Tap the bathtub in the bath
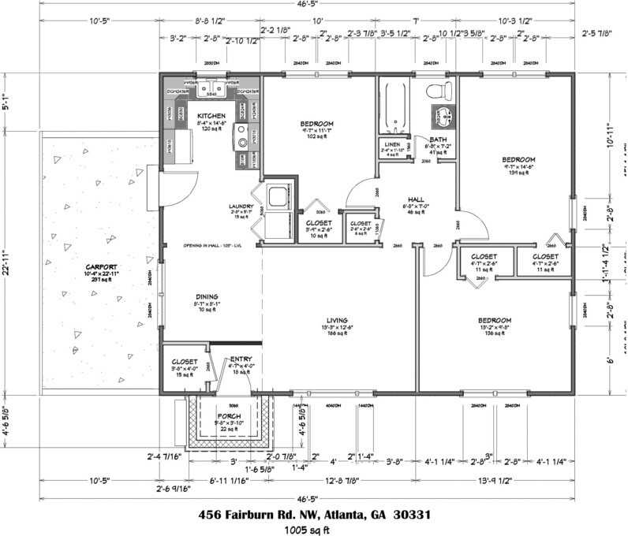point(393,107)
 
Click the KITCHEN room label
point(211,116)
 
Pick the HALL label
point(417,199)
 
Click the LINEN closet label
point(392,145)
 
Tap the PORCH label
point(229,415)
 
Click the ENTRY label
point(241,359)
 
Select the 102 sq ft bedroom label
point(317,124)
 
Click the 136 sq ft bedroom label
point(495,320)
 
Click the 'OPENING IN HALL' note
point(212,245)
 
